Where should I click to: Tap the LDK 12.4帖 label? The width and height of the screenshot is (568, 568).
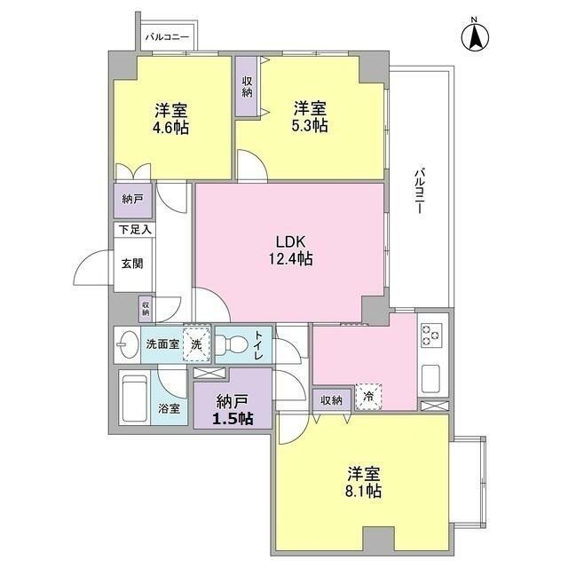[x=292, y=250]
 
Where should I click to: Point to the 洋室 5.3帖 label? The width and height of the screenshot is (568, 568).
[x=310, y=117]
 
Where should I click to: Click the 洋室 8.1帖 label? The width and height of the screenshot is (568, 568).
[x=364, y=481]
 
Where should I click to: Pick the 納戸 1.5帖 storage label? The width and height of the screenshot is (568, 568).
[x=230, y=409]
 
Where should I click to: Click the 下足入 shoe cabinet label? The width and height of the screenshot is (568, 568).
[x=135, y=230]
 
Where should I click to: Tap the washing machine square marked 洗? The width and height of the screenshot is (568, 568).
[x=195, y=343]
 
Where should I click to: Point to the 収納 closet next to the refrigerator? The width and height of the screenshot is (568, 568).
[x=332, y=399]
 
